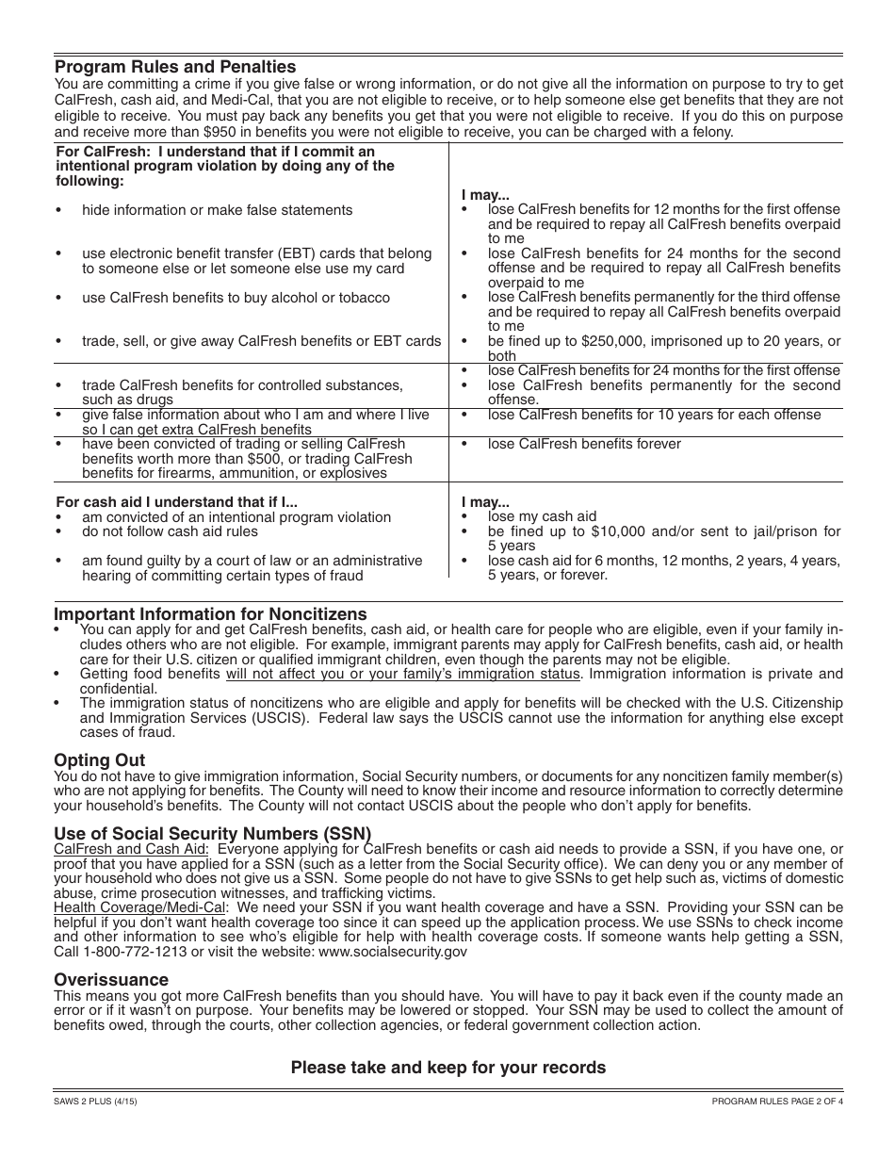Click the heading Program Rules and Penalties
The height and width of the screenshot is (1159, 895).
click(x=175, y=67)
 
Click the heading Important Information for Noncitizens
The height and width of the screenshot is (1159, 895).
click(x=210, y=614)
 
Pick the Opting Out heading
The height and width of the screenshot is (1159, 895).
click(x=100, y=760)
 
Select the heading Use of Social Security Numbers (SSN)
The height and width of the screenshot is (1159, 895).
click(x=212, y=834)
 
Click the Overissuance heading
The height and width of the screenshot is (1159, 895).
click(x=111, y=980)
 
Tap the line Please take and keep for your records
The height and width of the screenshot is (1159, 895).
click(x=447, y=1068)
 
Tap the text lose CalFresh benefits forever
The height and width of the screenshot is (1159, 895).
click(x=584, y=444)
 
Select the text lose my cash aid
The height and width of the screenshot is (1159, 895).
click(x=542, y=516)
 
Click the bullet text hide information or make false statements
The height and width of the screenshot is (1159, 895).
click(x=217, y=210)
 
